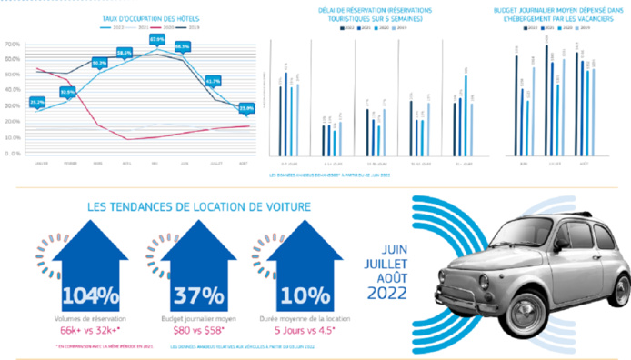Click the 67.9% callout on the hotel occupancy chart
coord(156,40)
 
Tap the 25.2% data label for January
coord(37,102)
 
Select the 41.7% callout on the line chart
coord(214,81)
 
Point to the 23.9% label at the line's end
coord(245,109)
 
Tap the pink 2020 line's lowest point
coord(127,139)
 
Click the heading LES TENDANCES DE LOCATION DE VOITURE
coord(198,207)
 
